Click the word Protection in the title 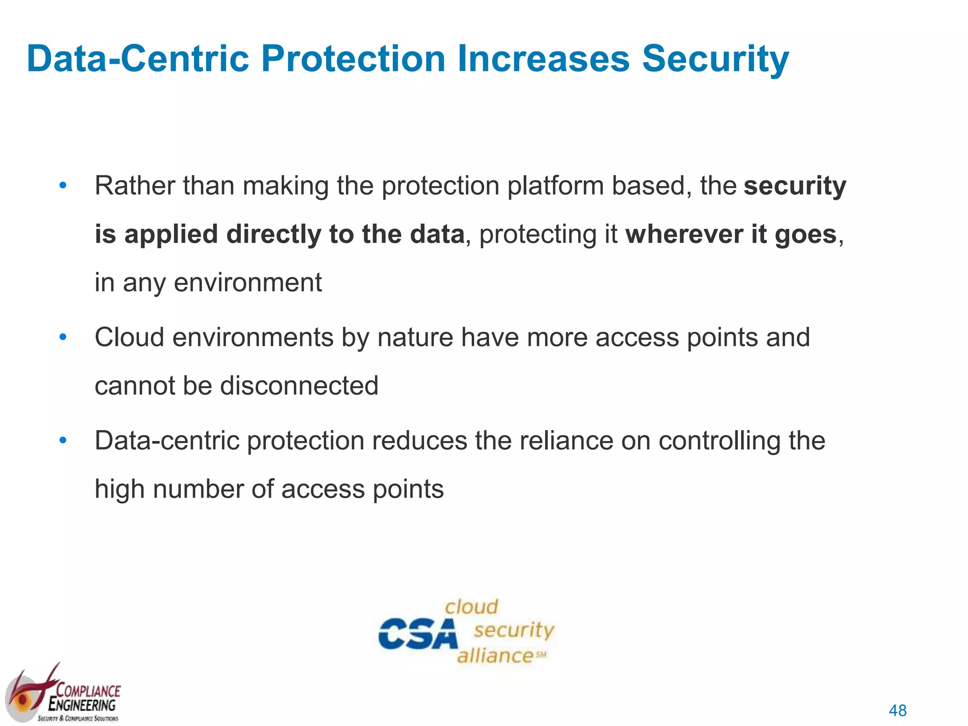click(353, 59)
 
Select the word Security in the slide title click(715, 59)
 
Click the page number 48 click(898, 710)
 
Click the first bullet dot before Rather click(63, 186)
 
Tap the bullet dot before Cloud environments click(63, 337)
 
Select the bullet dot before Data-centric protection click(63, 441)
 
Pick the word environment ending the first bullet click(248, 283)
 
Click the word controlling click(719, 441)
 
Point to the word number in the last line click(198, 489)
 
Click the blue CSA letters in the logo click(418, 634)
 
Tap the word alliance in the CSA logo click(495, 656)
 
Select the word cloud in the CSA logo click(471, 607)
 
